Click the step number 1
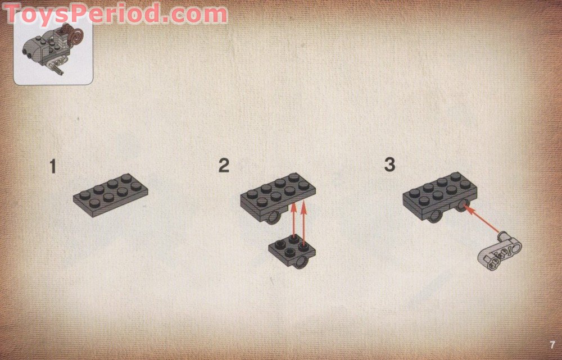click(53, 167)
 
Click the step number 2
click(224, 166)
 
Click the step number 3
click(389, 165)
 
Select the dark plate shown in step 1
click(110, 194)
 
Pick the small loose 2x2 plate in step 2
click(292, 249)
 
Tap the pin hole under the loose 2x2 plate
click(301, 262)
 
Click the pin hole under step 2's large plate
click(274, 217)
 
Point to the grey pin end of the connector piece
click(504, 233)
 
